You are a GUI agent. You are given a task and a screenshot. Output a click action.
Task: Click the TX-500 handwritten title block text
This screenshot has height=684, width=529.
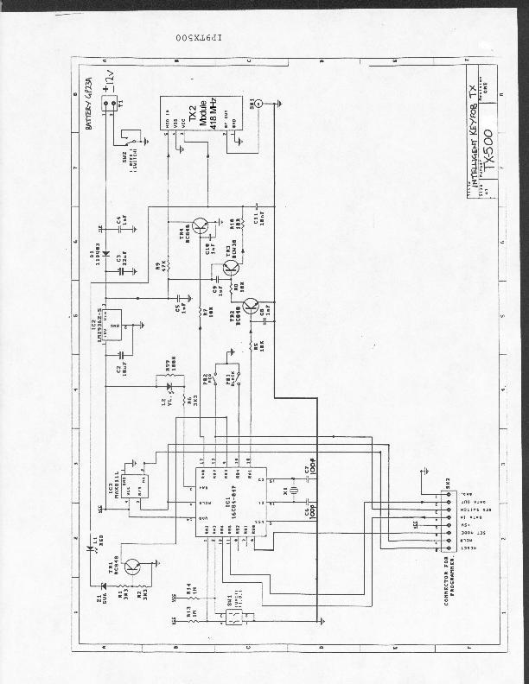(488, 150)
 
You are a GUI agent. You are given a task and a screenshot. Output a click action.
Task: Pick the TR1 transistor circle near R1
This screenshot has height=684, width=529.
(132, 567)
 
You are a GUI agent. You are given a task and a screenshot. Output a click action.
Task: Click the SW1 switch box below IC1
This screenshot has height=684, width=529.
(232, 617)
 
